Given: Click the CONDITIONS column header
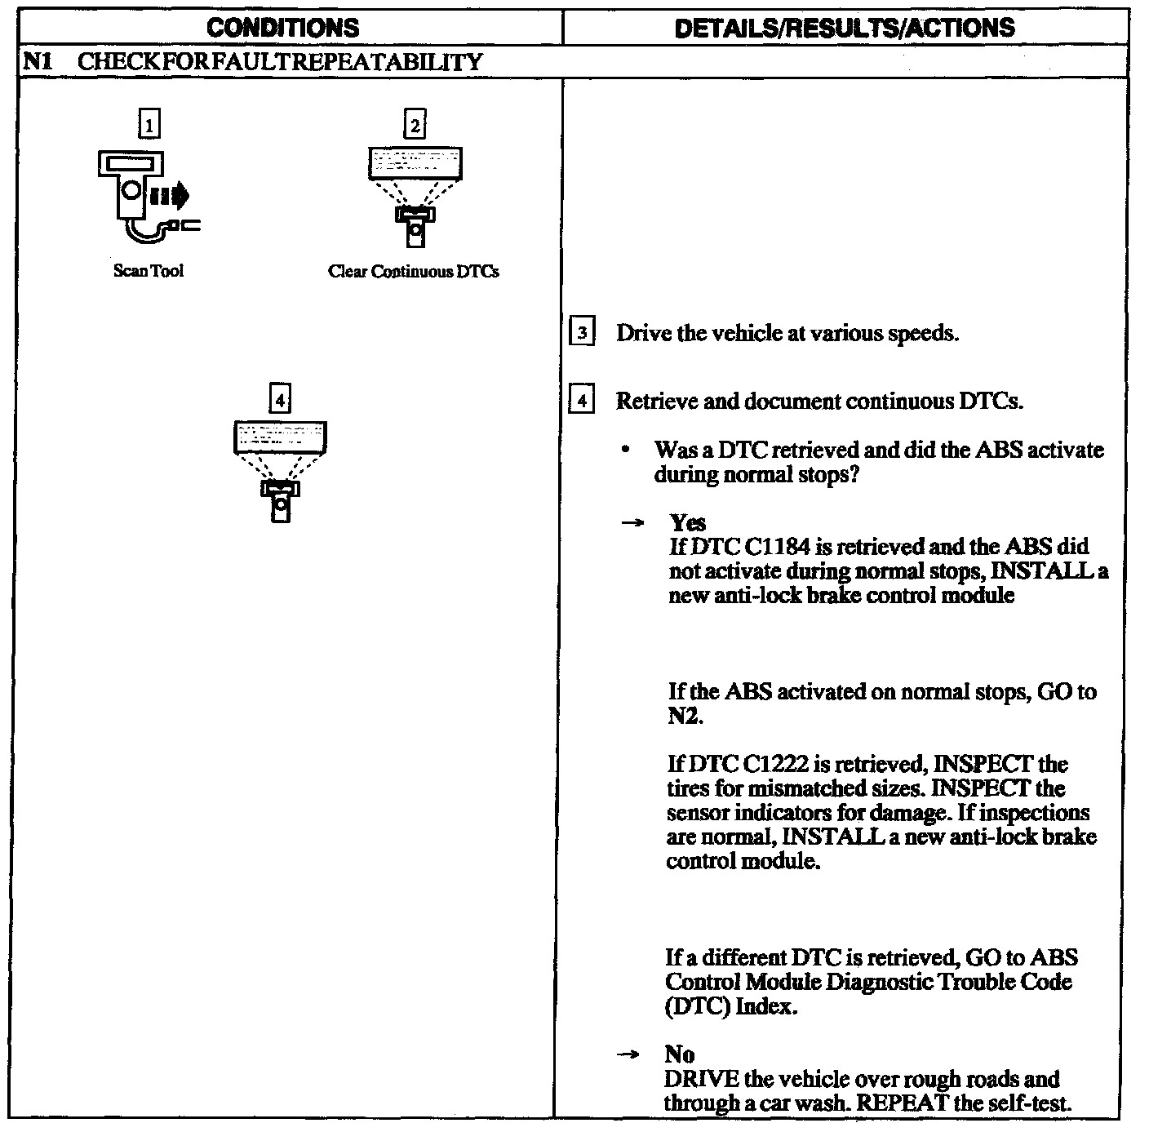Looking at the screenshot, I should [x=282, y=28].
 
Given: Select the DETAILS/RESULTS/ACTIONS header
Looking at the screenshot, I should [x=845, y=28].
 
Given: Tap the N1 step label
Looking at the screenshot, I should [x=38, y=62].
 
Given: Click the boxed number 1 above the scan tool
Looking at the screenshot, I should [x=149, y=125].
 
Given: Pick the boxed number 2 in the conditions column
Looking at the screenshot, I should [x=415, y=125].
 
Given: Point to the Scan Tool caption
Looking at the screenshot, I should [x=149, y=271].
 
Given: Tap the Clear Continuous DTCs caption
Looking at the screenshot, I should [x=414, y=271].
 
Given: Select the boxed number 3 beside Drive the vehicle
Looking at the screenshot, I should [x=582, y=333].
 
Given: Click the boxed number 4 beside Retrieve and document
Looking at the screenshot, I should [x=582, y=401].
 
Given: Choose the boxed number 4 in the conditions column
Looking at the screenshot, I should [x=280, y=399].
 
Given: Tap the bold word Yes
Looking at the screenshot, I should [x=687, y=522].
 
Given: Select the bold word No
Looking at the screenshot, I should [x=679, y=1054].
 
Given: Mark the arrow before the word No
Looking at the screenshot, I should [x=628, y=1055].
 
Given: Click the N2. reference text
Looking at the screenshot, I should [x=684, y=716].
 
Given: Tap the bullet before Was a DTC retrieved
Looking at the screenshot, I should [x=626, y=450].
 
